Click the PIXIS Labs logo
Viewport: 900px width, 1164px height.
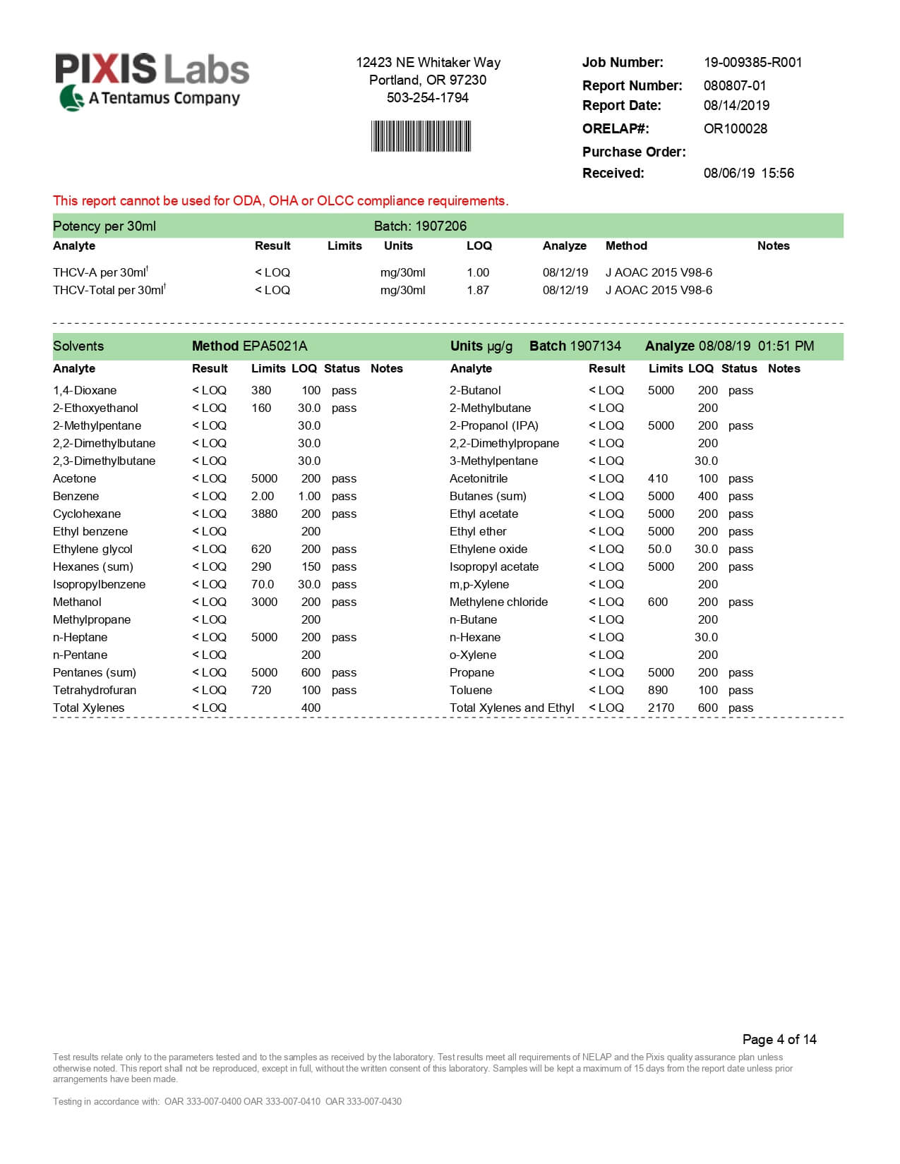(x=152, y=81)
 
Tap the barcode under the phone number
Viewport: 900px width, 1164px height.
(x=421, y=136)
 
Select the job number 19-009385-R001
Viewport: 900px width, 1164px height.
(x=752, y=62)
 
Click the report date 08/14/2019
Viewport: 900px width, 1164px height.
(x=736, y=105)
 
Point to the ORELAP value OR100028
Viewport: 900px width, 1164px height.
(x=735, y=128)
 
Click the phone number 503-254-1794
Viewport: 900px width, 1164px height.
(x=427, y=97)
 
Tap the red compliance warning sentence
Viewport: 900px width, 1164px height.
(x=280, y=200)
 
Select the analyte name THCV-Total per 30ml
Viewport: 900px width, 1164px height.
(x=108, y=290)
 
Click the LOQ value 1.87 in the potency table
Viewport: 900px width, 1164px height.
(x=477, y=290)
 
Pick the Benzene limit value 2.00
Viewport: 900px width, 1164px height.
(x=263, y=496)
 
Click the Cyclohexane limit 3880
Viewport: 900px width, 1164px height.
(x=264, y=514)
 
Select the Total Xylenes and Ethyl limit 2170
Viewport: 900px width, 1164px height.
(x=661, y=708)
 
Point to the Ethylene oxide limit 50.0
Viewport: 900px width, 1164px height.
(x=659, y=549)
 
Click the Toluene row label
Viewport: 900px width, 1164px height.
(x=471, y=690)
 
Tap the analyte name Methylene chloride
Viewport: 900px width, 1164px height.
(x=498, y=602)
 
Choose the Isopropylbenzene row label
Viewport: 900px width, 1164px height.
(x=99, y=584)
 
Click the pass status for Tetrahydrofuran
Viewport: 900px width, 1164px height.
(x=344, y=690)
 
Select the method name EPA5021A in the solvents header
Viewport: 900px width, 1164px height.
(x=275, y=346)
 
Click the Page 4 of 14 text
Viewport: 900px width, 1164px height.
(x=779, y=1039)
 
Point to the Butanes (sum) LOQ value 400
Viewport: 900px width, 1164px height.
(x=707, y=496)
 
